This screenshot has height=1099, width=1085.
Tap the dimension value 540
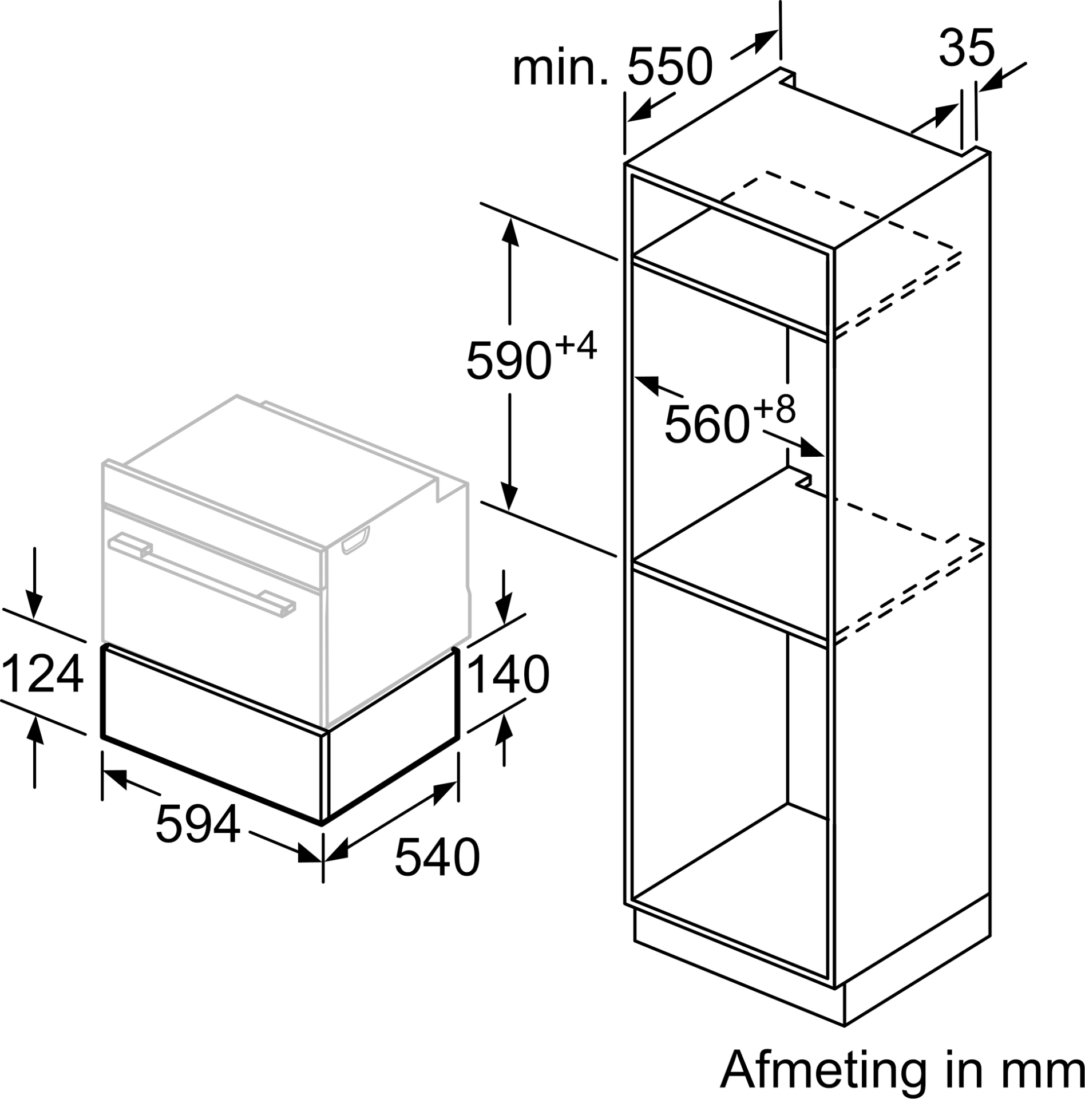(437, 857)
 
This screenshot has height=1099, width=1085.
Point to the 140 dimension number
(509, 675)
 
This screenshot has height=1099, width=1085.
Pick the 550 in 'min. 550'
(671, 68)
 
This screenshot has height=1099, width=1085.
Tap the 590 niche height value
(509, 361)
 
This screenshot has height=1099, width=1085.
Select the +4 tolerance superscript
(575, 345)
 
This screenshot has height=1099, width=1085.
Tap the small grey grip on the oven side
(355, 540)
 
